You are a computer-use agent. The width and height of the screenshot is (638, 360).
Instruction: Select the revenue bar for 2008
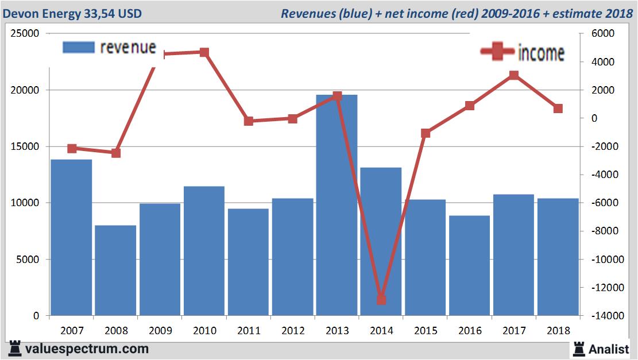pos(115,270)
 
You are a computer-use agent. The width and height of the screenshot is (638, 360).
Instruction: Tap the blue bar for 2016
pos(469,265)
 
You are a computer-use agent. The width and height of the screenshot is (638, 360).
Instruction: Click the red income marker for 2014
pos(381,300)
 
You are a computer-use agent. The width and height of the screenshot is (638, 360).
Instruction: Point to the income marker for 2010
pos(204,52)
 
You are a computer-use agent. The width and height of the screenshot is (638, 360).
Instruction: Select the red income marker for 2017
pos(514,75)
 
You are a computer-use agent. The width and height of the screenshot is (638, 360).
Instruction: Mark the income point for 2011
pos(249,121)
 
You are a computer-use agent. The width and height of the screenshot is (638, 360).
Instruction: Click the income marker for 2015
pos(426,133)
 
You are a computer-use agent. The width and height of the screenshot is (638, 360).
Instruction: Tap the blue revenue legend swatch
pos(78,48)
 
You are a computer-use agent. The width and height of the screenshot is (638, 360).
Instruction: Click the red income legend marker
pos(497,52)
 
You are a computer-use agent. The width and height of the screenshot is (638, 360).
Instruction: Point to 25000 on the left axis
pos(25,34)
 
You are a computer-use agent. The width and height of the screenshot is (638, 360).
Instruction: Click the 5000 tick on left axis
pos(28,260)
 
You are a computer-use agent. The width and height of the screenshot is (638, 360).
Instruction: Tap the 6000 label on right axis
pos(603,34)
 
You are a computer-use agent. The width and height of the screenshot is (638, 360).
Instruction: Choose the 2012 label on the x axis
pos(293,331)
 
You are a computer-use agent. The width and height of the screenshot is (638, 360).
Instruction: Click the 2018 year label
pos(558,331)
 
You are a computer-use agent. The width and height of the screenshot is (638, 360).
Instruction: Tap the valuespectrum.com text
pos(87,349)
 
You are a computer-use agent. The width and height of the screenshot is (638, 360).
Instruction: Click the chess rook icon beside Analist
pos(579,349)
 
